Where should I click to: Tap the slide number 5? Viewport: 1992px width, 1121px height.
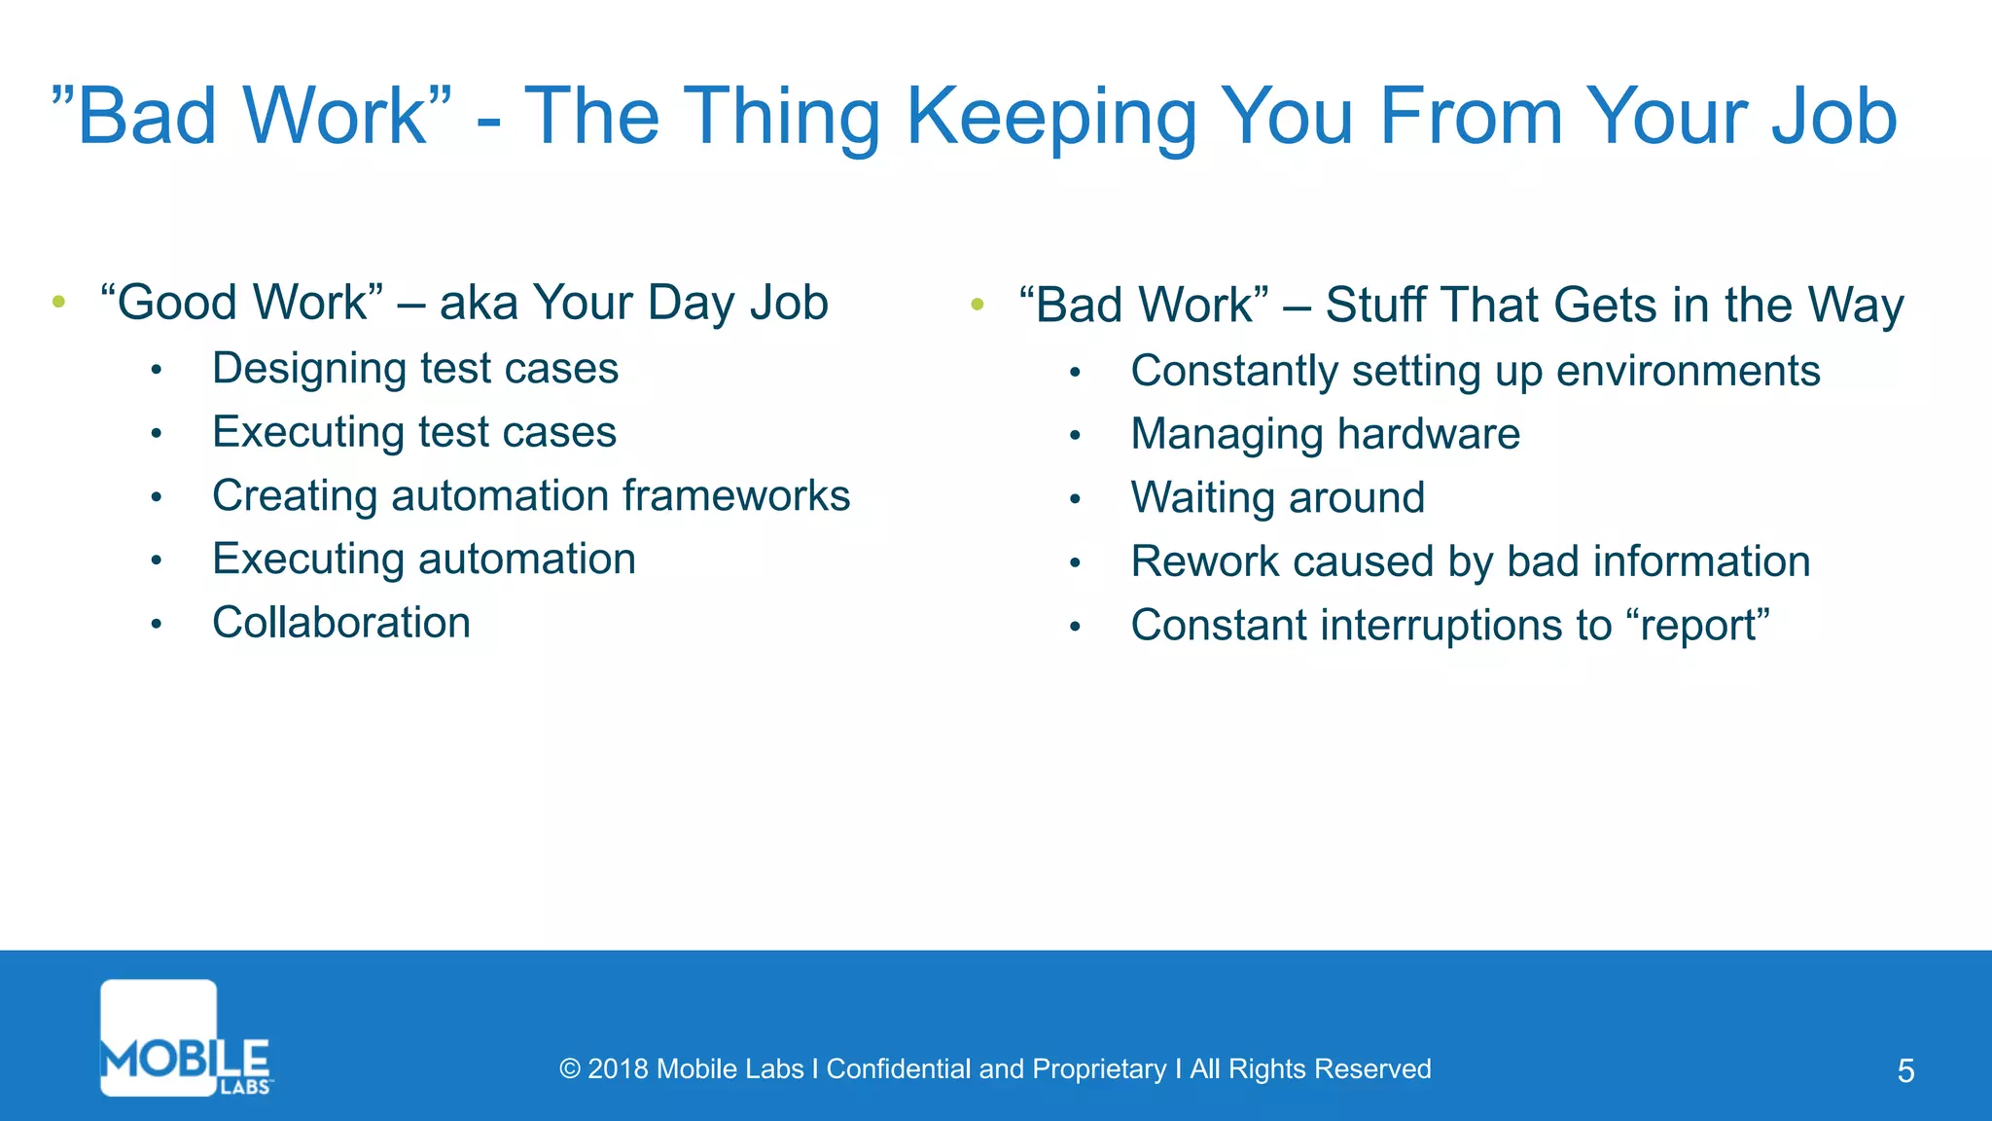1905,1070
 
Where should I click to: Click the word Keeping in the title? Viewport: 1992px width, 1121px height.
1050,117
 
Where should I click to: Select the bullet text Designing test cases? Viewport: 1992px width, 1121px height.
415,369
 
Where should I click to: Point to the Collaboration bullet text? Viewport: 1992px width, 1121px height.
341,623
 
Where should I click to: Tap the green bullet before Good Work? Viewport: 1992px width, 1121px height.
59,303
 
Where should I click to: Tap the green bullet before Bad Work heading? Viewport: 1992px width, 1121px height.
978,306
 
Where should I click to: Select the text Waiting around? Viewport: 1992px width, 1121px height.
1277,498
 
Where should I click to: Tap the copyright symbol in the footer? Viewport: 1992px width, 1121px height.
570,1069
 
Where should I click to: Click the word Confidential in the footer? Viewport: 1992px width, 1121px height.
899,1068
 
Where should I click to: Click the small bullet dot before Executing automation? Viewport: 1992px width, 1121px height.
156,560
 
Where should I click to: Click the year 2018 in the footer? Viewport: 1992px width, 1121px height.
618,1068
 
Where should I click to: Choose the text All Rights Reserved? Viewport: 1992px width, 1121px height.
1310,1068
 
